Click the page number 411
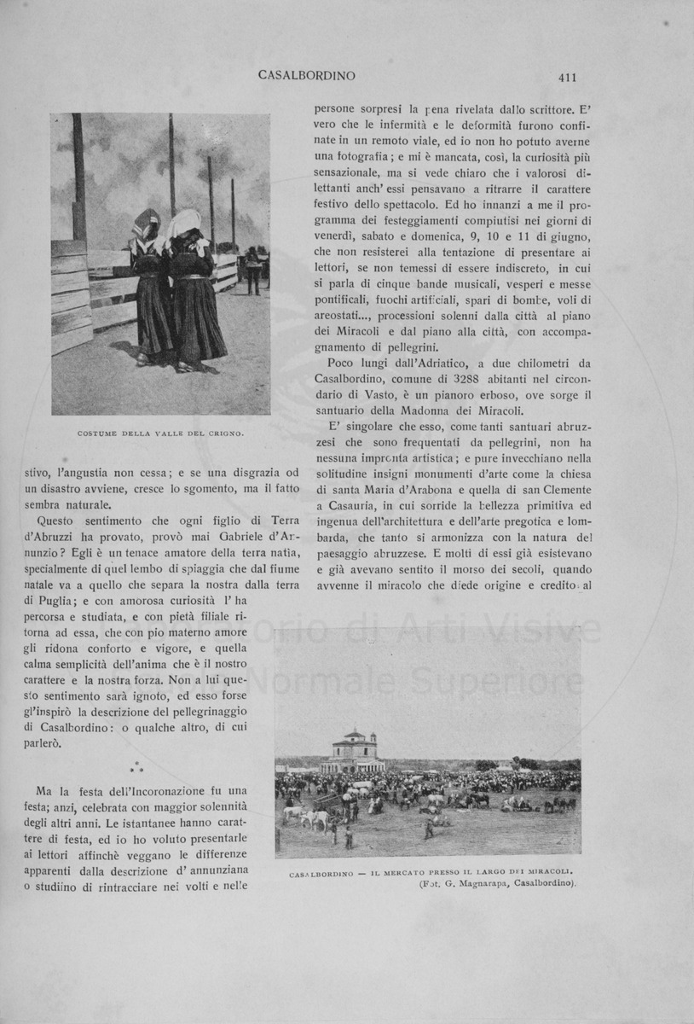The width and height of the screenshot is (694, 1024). point(568,77)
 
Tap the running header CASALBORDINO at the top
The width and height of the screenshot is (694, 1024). point(306,76)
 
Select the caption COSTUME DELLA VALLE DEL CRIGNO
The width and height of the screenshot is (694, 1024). point(161,433)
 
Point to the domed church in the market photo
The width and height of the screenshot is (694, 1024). point(352,752)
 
